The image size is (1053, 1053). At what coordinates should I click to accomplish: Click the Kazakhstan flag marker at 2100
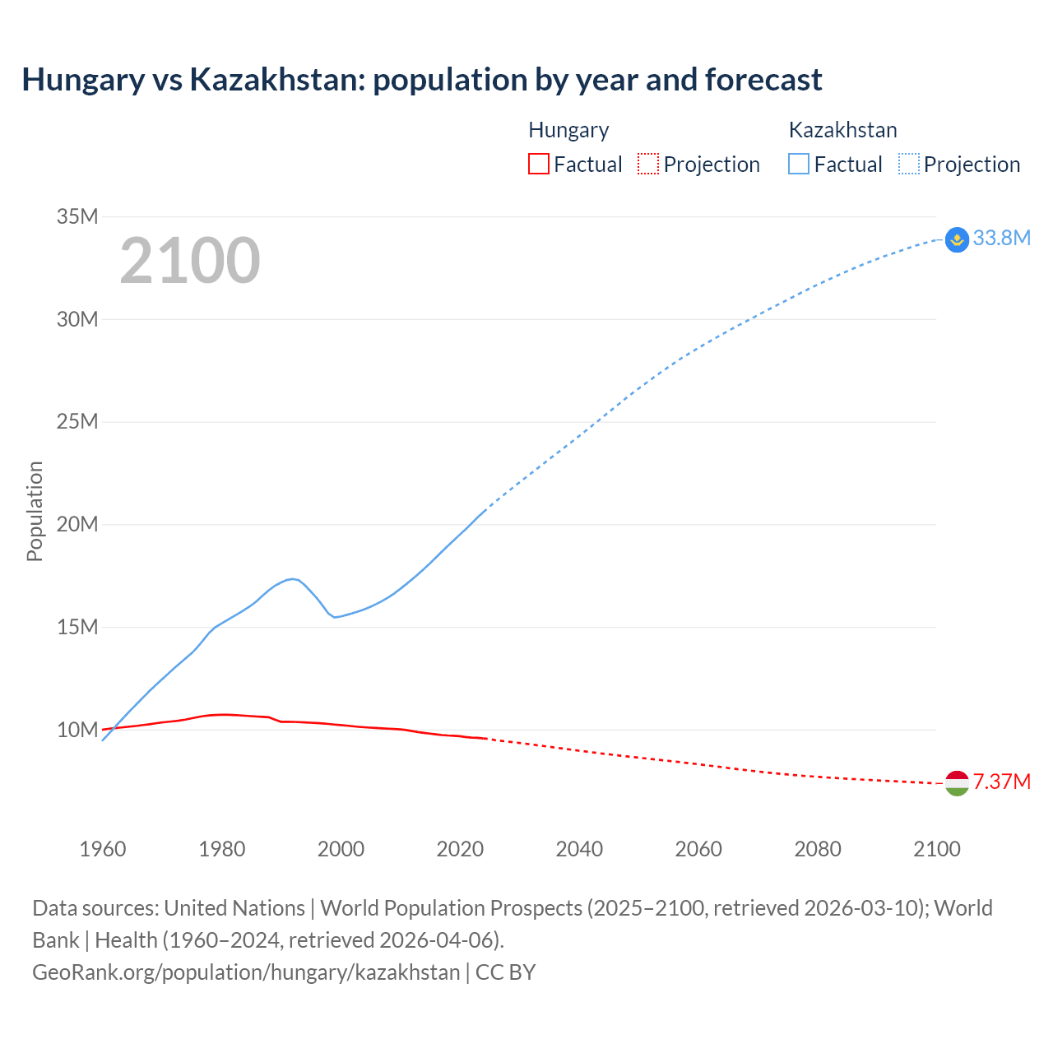[957, 239]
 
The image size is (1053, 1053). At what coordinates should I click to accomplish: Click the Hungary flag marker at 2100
[957, 783]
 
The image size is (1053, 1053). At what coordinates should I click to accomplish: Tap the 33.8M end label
[1001, 238]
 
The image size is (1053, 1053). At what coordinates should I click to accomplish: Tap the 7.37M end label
[1001, 782]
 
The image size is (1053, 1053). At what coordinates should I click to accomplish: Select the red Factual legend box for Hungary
[538, 164]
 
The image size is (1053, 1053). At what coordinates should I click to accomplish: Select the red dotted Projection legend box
[648, 164]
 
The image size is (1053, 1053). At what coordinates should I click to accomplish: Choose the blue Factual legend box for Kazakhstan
[799, 164]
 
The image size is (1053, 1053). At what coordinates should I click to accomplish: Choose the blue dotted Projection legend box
[909, 164]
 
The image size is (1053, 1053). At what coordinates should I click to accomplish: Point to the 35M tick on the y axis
[77, 216]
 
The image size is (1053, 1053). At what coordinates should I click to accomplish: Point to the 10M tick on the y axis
[77, 730]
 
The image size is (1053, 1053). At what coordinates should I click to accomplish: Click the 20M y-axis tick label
[77, 524]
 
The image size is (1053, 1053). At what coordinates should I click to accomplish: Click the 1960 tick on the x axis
[103, 849]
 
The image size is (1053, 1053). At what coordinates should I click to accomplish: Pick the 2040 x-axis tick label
[579, 849]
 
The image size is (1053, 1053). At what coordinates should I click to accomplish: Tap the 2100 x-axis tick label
[936, 849]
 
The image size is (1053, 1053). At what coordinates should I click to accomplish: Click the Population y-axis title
[35, 511]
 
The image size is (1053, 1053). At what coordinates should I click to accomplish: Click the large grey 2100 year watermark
[190, 261]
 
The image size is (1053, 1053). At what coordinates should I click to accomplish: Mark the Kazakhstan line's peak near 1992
[291, 579]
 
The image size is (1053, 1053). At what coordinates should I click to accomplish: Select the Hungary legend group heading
[568, 130]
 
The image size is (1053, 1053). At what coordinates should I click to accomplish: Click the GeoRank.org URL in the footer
[246, 972]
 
